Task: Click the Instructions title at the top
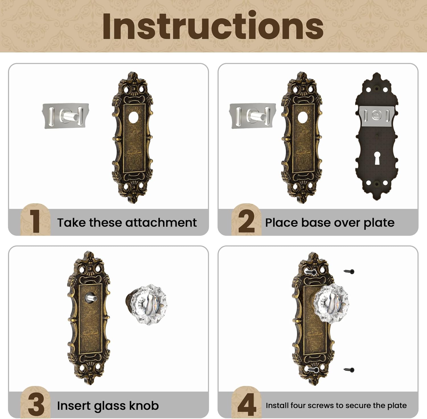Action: (213, 26)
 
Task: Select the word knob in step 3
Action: (144, 406)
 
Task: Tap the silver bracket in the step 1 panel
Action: (65, 116)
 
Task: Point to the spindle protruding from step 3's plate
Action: (91, 298)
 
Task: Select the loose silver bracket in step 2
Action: (252, 116)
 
